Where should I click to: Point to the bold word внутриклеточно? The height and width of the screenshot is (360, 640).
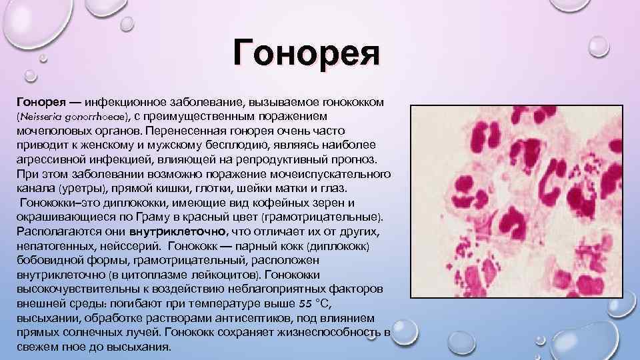pos(178,231)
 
